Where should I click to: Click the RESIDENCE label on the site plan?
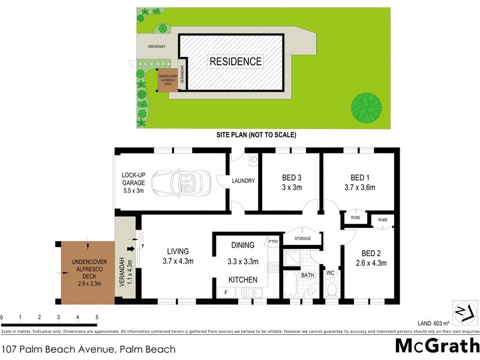point(235,61)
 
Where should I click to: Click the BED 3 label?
point(292,178)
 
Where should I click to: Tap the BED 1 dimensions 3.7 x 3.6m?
point(359,187)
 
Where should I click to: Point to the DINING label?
point(242,245)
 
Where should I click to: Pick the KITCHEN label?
point(242,280)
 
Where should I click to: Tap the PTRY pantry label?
point(274,242)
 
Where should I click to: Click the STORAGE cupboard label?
point(302,239)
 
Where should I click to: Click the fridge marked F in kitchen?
point(226,292)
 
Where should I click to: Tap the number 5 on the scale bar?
point(97,317)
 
